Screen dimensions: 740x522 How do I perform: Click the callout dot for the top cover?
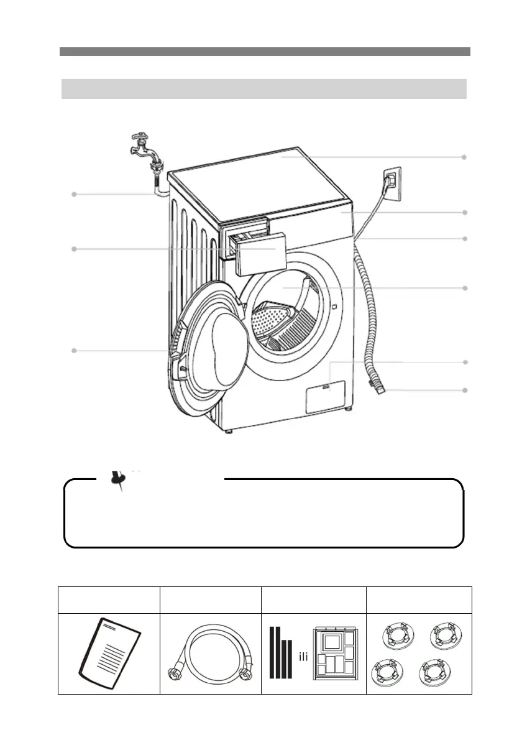464,157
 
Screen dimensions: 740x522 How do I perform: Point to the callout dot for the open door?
74,351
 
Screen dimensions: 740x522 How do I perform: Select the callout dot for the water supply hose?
74,195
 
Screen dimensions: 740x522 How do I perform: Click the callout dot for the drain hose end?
464,390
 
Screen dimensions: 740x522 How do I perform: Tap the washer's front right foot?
348,410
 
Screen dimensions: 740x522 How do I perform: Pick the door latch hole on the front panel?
334,306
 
